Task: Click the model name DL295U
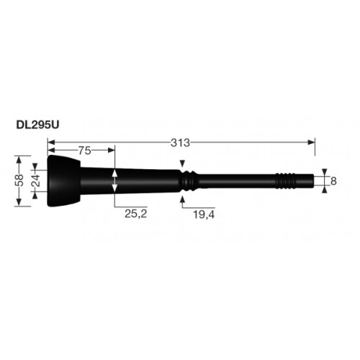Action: tap(37, 125)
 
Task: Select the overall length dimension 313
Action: tap(180, 143)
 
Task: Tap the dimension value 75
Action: tap(85, 150)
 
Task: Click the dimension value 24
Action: tap(36, 181)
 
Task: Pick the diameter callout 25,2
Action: tap(135, 214)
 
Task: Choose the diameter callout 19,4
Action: tap(204, 215)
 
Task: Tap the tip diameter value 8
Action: tap(333, 181)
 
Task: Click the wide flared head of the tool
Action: tap(63, 181)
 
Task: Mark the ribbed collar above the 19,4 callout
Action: tap(189, 181)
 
